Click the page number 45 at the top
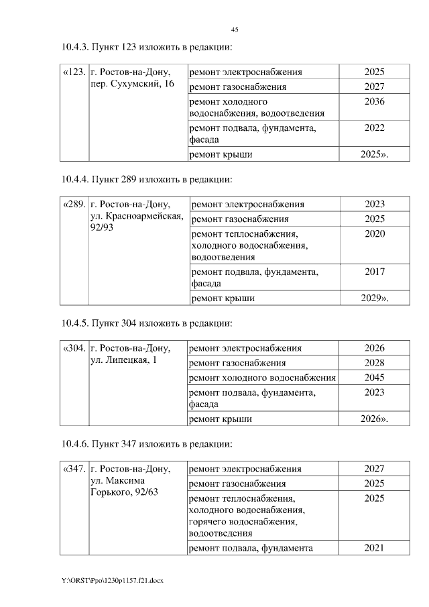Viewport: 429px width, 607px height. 235,30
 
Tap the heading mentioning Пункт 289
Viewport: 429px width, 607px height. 146,179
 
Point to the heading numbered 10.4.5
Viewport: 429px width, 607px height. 146,323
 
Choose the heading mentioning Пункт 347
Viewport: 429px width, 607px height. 146,444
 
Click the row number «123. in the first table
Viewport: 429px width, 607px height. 74,72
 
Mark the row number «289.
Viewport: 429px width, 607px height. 74,205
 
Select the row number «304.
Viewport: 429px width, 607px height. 74,349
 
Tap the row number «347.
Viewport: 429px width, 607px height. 74,469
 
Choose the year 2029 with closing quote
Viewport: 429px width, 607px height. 375,298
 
